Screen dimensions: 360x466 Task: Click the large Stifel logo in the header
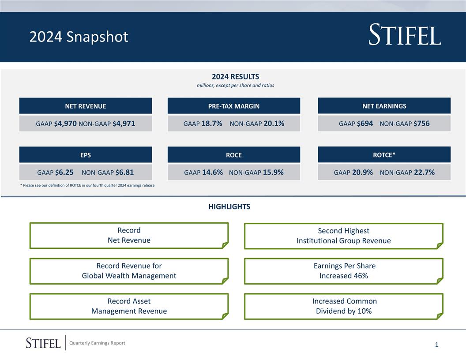405,35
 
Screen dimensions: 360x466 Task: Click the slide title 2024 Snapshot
79,37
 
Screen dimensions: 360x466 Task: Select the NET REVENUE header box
85,106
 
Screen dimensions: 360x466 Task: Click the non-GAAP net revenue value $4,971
124,124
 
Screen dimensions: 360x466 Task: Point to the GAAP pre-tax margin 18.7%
212,124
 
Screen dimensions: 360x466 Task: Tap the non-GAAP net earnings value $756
421,124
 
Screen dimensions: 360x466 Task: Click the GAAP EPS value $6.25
64,172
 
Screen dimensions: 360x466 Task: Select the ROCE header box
233,155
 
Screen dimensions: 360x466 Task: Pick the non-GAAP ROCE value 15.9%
273,172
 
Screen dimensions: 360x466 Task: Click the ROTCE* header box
384,154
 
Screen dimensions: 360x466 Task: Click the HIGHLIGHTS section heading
229,206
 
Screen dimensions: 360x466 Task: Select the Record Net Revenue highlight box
129,236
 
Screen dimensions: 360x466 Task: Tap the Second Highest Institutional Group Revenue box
343,236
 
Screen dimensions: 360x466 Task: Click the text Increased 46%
343,276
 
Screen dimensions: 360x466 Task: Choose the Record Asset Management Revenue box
129,306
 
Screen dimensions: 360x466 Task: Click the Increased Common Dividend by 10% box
343,306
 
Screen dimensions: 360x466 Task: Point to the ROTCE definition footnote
87,185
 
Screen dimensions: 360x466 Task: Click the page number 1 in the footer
436,345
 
